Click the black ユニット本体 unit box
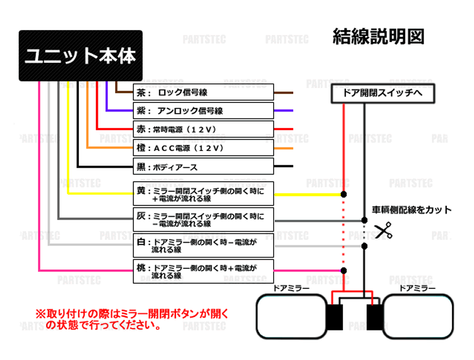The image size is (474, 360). (81, 56)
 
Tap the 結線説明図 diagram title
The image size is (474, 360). (379, 36)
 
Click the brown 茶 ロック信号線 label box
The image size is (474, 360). (204, 93)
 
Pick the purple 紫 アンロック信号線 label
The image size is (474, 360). (204, 111)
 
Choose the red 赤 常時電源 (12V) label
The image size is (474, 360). (204, 128)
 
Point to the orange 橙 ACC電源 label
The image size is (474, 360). (204, 147)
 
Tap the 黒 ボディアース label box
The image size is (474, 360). (204, 166)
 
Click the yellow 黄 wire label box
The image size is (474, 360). (204, 194)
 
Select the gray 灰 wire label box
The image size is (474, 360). (204, 220)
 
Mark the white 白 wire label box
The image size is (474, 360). (204, 245)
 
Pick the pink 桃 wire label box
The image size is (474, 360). (204, 271)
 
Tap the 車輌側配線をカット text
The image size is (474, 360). (411, 210)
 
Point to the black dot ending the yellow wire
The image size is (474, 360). (343, 194)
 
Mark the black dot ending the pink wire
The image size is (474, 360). (343, 271)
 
